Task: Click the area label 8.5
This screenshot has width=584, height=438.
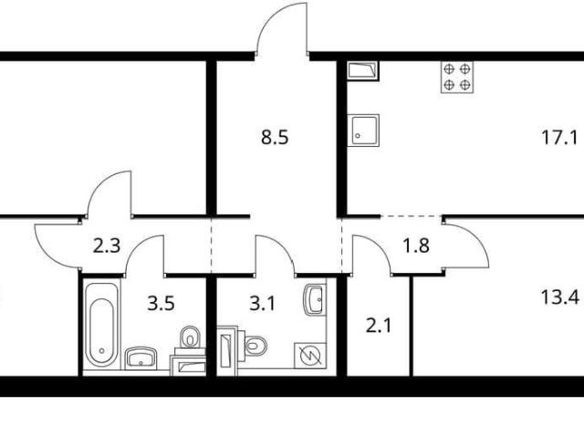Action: [275, 138]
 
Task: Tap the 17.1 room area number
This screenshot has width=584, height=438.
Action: [559, 138]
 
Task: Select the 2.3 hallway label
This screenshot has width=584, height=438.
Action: [107, 245]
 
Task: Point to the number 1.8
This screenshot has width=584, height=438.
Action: [416, 245]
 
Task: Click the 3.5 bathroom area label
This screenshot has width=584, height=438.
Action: [161, 304]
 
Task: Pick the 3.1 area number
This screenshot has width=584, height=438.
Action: [262, 304]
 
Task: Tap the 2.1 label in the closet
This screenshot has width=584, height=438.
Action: [379, 326]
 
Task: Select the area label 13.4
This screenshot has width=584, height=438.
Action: [559, 298]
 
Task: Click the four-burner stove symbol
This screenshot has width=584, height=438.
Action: [457, 77]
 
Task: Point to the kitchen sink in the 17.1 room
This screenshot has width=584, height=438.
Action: [363, 130]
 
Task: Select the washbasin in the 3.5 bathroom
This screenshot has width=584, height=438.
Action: [140, 358]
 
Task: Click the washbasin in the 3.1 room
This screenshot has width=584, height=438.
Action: [315, 299]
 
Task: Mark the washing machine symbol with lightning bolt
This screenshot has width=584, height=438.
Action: [310, 356]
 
